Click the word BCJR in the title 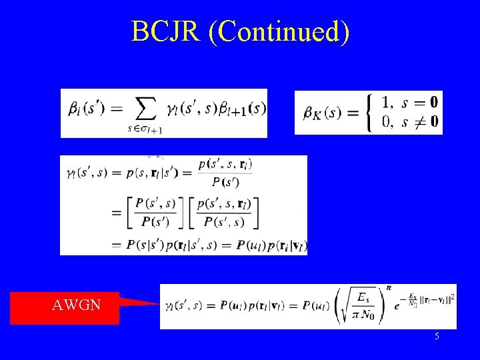[167, 31]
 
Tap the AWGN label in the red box [77, 306]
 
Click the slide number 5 [437, 337]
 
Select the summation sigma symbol [146, 109]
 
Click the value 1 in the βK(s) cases [386, 103]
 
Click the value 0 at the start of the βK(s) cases [386, 121]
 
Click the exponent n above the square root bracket [389, 287]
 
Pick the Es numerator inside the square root [365, 297]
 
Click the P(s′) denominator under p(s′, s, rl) [225, 182]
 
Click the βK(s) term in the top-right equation [322, 113]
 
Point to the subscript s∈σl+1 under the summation [145, 129]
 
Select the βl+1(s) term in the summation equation [243, 108]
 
